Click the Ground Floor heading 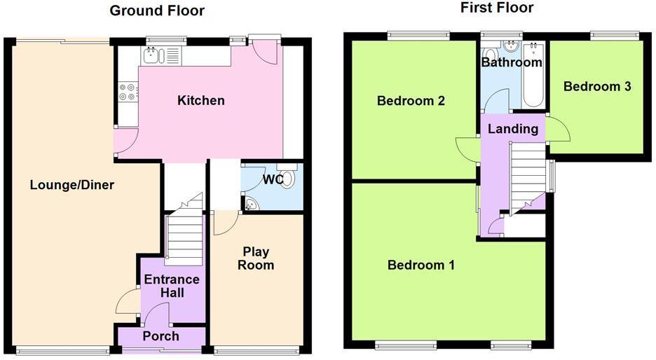(x=157, y=11)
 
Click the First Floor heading (x=496, y=8)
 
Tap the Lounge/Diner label (x=71, y=185)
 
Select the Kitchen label (x=201, y=101)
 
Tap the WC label (x=272, y=180)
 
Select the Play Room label (x=256, y=258)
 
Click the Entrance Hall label (x=172, y=286)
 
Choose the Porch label (x=160, y=336)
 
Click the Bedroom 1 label (x=421, y=265)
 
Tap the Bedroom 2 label (x=411, y=101)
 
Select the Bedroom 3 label (x=597, y=87)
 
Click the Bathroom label (x=512, y=62)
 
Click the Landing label (x=513, y=129)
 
